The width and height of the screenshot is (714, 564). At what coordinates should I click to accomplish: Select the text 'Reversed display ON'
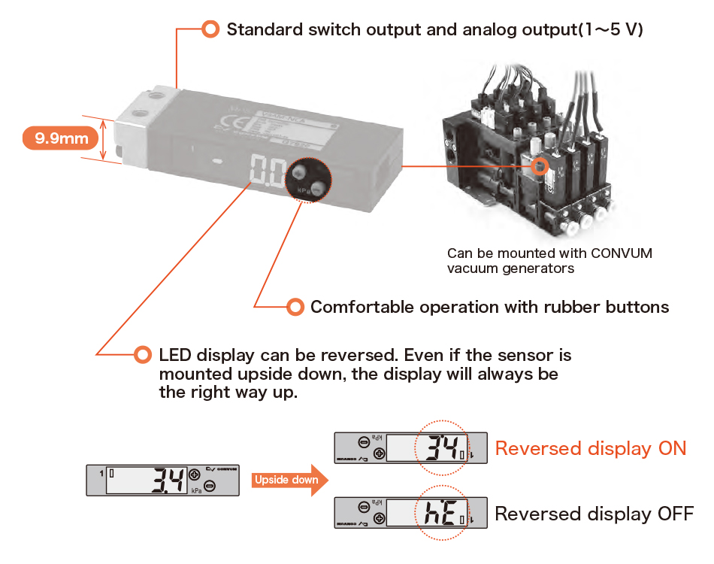(590, 449)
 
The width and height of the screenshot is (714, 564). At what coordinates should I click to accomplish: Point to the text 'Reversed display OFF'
(594, 514)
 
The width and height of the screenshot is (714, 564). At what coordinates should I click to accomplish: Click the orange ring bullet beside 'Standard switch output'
(210, 29)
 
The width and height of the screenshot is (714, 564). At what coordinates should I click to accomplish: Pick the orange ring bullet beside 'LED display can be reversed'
(142, 354)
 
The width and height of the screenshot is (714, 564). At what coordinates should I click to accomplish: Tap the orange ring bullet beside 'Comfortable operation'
(295, 307)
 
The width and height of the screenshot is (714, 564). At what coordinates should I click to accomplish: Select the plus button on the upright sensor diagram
(195, 475)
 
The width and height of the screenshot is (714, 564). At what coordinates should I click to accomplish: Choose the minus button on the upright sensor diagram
(210, 487)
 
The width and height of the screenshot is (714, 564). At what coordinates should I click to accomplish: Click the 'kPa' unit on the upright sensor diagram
(196, 490)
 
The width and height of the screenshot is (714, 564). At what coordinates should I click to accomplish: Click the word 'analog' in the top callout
(472, 30)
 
